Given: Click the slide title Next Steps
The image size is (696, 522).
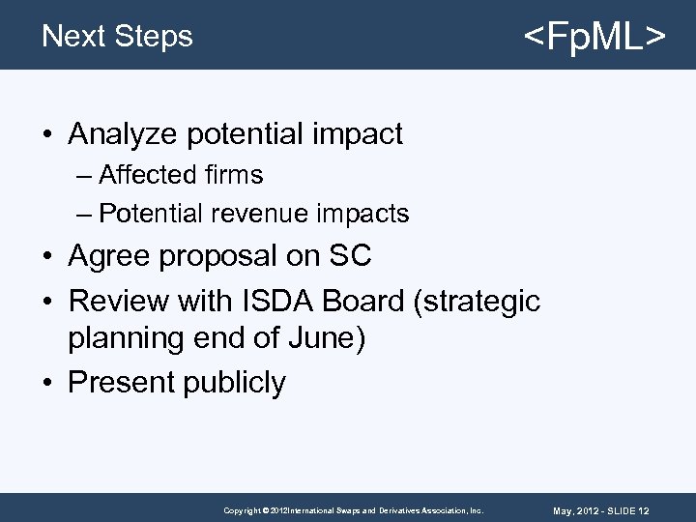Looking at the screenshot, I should pyautogui.click(x=117, y=36).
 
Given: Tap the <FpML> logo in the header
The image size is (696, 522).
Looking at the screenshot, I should pyautogui.click(x=594, y=38).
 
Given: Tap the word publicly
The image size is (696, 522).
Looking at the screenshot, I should pyautogui.click(x=233, y=383).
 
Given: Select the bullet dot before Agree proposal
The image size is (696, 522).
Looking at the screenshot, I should pyautogui.click(x=47, y=257).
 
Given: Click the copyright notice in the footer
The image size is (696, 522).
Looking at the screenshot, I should pyautogui.click(x=353, y=509).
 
